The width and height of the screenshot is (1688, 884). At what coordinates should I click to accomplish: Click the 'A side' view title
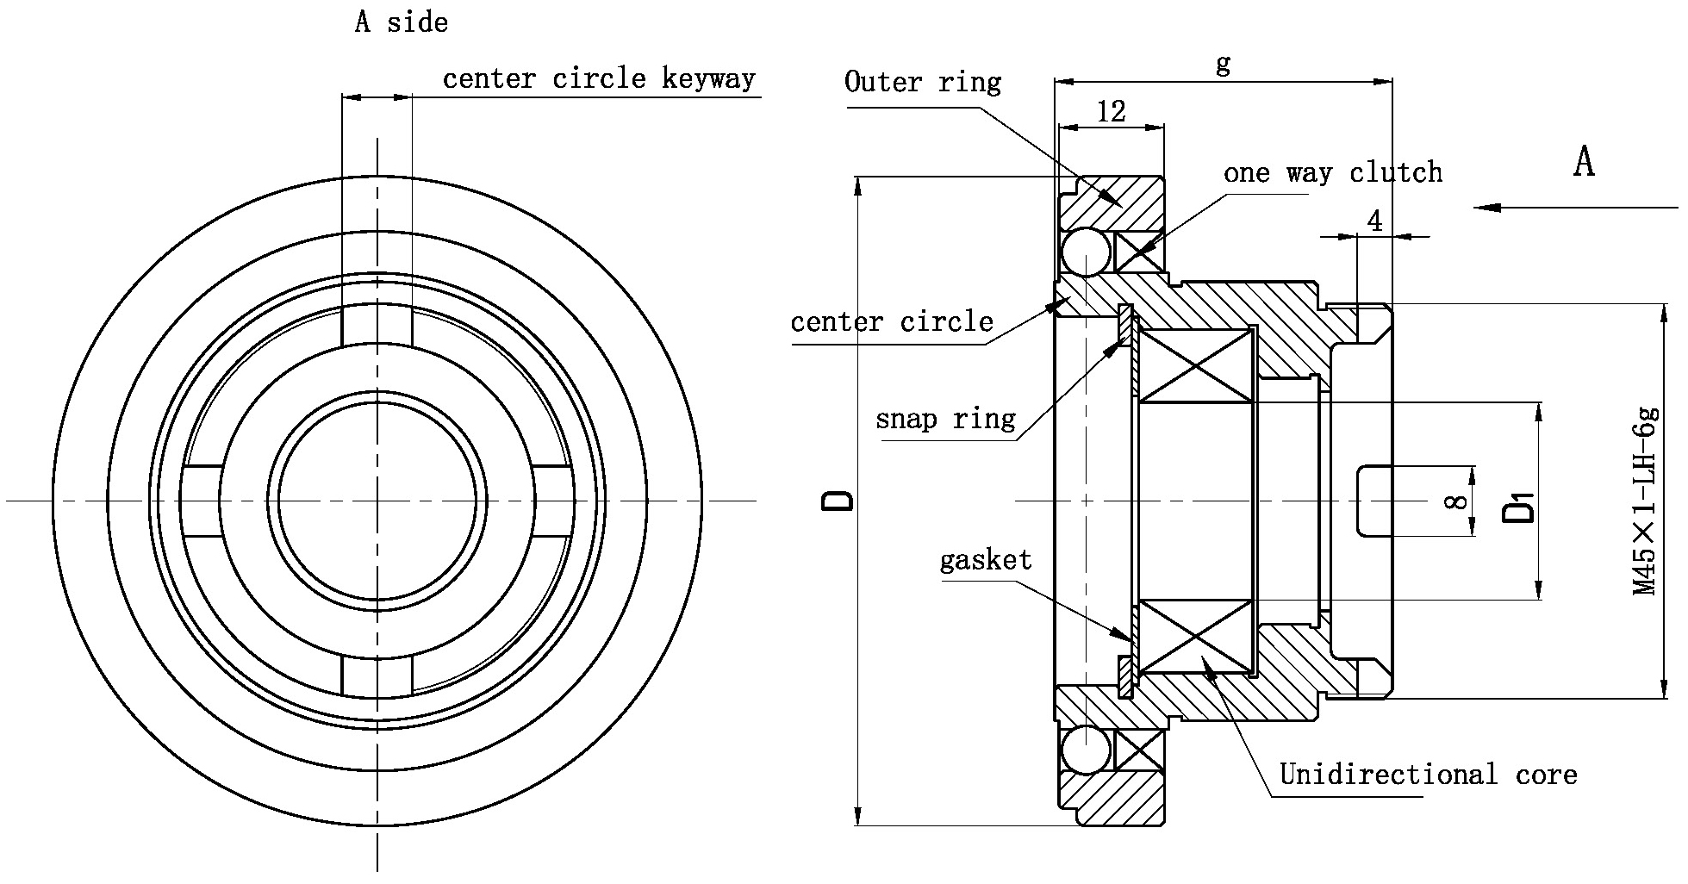tap(402, 22)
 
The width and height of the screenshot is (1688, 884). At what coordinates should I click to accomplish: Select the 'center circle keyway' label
tap(599, 78)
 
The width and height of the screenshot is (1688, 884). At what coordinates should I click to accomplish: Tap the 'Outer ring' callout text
tap(923, 83)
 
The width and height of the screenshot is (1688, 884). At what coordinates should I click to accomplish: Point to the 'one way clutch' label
tap(1332, 173)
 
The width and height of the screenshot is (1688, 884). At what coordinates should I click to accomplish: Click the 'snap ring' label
tap(945, 420)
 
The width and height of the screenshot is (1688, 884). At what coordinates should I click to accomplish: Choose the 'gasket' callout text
tap(986, 561)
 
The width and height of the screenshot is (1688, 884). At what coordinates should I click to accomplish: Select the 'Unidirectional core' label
tap(1428, 775)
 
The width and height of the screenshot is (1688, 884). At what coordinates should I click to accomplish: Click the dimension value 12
tap(1112, 111)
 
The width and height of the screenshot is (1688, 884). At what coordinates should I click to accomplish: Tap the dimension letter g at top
tap(1223, 64)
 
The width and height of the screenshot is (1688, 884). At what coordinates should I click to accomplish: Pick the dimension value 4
tap(1374, 221)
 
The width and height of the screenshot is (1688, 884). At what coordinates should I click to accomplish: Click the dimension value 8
tap(1455, 501)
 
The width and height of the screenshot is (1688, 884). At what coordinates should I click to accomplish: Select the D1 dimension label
tap(1518, 506)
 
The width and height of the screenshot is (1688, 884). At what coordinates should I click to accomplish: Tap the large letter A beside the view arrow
tap(1584, 162)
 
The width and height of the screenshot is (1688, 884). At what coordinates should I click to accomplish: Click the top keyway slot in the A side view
tap(377, 325)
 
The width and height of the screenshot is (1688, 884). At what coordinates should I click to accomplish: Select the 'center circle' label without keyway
tap(892, 322)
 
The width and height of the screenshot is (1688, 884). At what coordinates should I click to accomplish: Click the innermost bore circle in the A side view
tap(377, 501)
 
